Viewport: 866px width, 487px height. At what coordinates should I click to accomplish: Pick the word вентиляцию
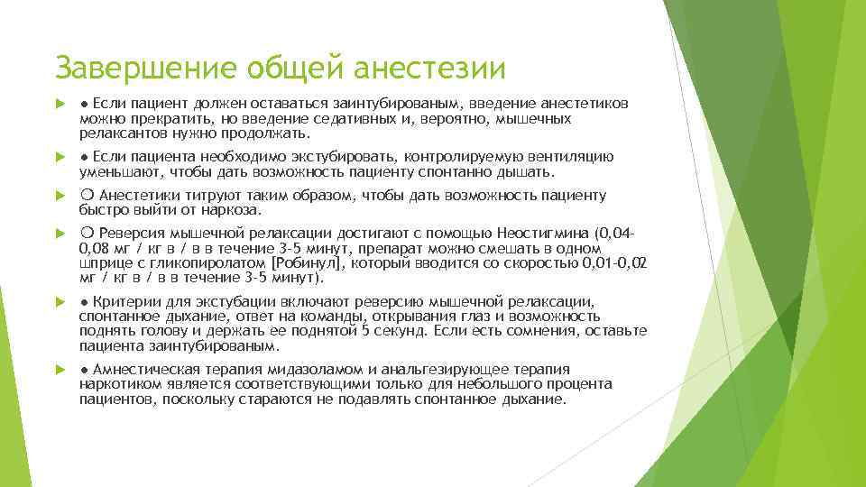(567, 157)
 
